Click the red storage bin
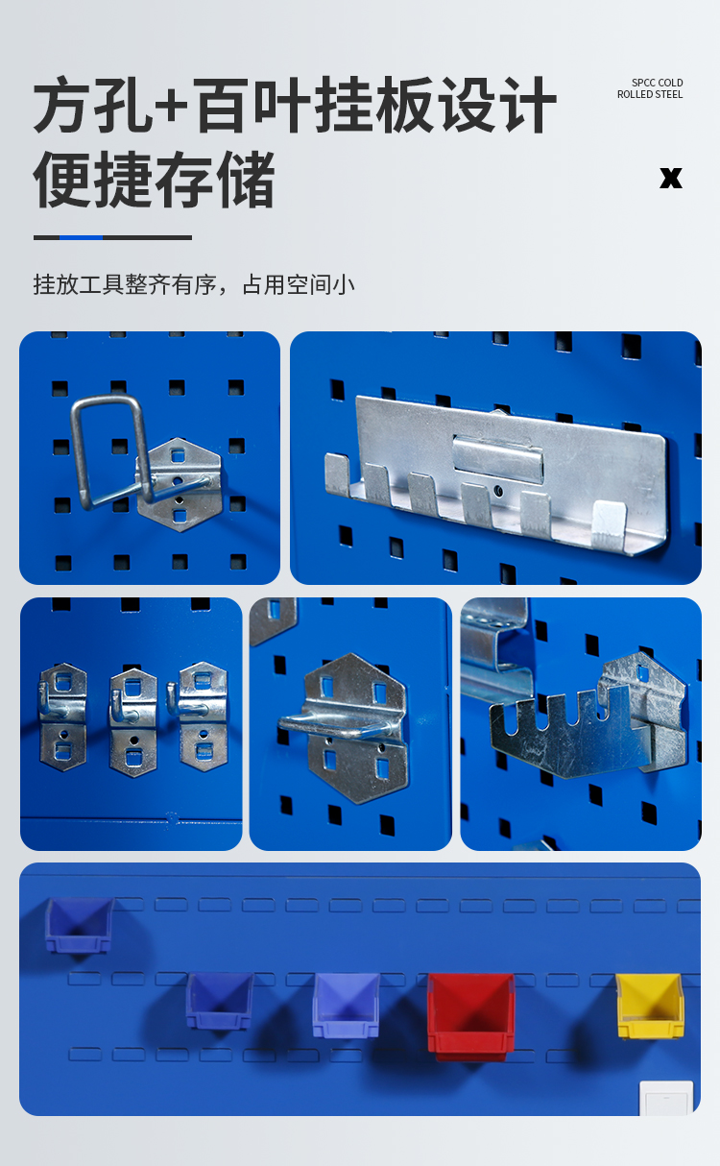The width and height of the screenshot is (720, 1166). pos(470,1014)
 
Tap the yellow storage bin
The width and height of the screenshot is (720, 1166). pos(649,1005)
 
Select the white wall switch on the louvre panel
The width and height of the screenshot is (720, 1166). pos(666,1099)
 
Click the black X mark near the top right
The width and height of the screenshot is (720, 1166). pos(671,178)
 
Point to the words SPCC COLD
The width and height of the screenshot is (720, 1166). pos(657,83)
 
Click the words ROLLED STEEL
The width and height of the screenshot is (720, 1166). pos(650,94)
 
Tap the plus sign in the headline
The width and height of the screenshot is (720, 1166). pos(171,105)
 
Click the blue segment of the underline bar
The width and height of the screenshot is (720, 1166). pos(81,237)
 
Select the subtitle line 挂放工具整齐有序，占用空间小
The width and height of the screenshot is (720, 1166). pos(194,284)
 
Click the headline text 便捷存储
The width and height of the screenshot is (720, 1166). pos(154,180)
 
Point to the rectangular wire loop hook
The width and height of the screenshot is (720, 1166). pos(112,453)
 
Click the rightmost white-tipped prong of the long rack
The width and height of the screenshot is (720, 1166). pos(608,523)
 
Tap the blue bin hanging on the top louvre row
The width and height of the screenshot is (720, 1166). pos(79,925)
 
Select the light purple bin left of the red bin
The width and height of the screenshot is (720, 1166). pos(346,1005)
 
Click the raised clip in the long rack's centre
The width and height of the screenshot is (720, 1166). pos(498,458)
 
